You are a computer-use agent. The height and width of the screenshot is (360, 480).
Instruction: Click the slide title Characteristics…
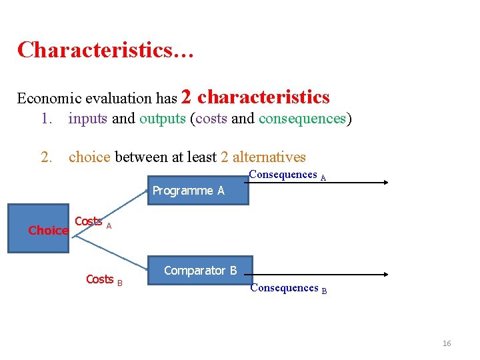click(x=105, y=50)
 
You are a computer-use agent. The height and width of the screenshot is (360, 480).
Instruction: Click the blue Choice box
click(x=39, y=229)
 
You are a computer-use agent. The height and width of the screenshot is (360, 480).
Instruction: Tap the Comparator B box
click(x=201, y=271)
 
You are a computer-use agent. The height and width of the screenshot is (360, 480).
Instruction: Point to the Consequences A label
click(x=287, y=175)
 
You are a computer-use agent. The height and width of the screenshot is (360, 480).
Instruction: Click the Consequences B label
click(x=288, y=288)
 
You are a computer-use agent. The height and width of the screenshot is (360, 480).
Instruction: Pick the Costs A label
click(x=92, y=222)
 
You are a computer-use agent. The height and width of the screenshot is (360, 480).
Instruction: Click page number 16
click(x=447, y=343)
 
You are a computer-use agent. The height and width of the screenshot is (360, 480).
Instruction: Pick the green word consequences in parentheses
click(x=302, y=119)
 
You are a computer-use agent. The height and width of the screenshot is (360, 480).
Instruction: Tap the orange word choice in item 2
click(x=89, y=157)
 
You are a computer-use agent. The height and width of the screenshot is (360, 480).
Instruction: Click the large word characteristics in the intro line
click(x=263, y=97)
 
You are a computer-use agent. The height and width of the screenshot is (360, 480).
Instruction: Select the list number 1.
click(x=45, y=119)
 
